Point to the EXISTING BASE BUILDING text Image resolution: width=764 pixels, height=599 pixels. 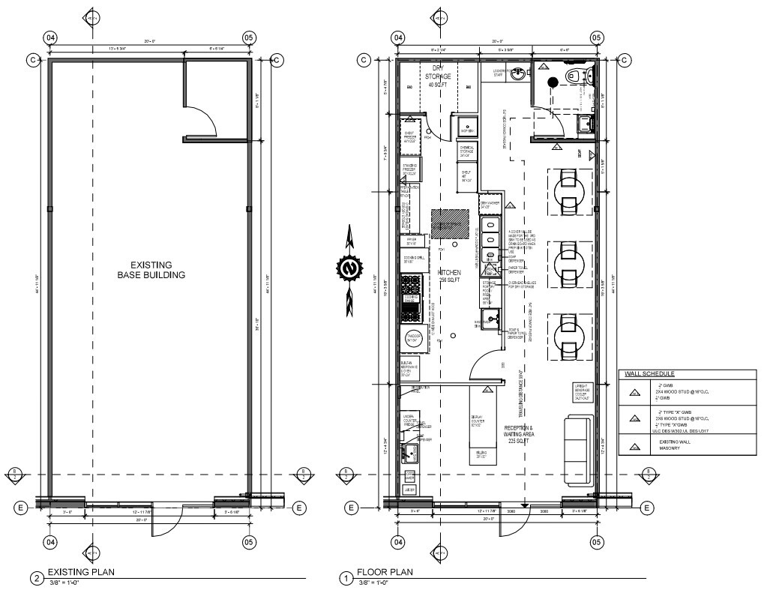coord(151,270)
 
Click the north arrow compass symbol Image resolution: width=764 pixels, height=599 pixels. coord(348,268)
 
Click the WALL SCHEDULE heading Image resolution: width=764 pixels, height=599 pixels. coord(647,373)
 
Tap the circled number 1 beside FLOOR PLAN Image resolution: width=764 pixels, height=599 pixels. coord(346,578)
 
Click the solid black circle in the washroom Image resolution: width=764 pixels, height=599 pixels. coord(552,82)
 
